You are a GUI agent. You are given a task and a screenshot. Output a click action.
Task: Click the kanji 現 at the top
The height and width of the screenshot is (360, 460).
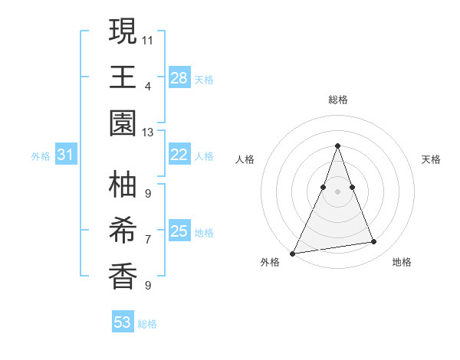pyautogui.click(x=123, y=31)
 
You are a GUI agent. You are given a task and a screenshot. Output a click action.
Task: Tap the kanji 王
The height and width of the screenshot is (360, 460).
pyautogui.click(x=123, y=77)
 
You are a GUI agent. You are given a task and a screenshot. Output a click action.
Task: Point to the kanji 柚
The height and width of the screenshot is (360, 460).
pyautogui.click(x=123, y=185)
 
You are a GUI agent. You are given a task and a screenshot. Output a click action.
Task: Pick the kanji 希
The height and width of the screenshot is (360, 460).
pyautogui.click(x=123, y=231)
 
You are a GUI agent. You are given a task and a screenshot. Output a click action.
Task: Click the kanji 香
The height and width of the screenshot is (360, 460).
pyautogui.click(x=123, y=277)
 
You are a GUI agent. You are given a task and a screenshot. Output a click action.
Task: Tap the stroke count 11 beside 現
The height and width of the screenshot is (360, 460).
pyautogui.click(x=148, y=39)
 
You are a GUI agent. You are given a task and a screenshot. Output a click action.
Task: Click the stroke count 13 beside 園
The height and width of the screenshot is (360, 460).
pyautogui.click(x=148, y=133)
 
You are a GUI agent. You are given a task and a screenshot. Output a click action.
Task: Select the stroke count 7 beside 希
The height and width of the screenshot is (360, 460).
pyautogui.click(x=148, y=239)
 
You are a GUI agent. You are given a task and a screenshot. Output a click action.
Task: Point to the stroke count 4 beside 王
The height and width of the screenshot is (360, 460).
pyautogui.click(x=148, y=86)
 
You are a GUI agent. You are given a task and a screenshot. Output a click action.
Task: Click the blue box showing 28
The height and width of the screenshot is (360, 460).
pyautogui.click(x=179, y=77)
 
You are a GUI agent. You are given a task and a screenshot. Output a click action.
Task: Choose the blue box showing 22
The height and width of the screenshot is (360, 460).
pyautogui.click(x=179, y=155)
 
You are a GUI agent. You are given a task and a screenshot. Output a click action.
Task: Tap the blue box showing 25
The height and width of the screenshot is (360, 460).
pyautogui.click(x=179, y=231)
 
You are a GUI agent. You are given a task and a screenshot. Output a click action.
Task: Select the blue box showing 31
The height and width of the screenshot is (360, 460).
pyautogui.click(x=66, y=155)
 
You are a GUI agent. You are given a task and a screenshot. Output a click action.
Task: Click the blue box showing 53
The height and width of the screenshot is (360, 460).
pyautogui.click(x=123, y=322)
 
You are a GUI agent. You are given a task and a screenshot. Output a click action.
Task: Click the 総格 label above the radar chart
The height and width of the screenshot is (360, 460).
pyautogui.click(x=338, y=100)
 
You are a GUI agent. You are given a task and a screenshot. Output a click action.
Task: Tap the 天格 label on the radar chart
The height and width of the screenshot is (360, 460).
pyautogui.click(x=432, y=159)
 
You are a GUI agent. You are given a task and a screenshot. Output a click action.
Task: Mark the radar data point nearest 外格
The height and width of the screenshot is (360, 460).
pyautogui.click(x=293, y=253)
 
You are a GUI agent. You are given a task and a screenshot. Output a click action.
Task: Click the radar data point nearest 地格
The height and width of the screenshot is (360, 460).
pyautogui.click(x=374, y=242)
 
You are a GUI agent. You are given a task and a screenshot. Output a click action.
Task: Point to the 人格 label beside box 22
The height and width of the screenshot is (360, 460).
pyautogui.click(x=204, y=155)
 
